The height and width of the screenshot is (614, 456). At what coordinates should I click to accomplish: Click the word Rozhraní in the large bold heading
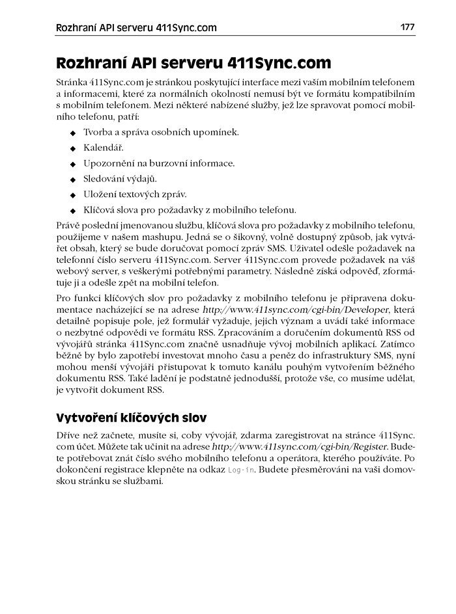click(92, 64)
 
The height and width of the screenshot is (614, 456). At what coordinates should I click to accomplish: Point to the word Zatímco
click(398, 346)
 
